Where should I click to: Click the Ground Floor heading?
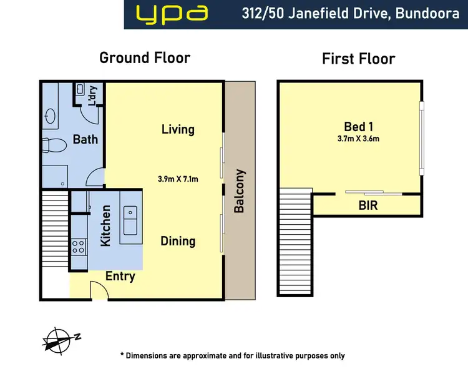click(145, 58)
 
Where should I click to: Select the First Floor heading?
click(358, 59)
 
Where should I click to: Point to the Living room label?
click(178, 129)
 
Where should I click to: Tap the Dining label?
click(178, 240)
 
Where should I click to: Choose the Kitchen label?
click(105, 226)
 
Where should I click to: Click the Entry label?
click(120, 276)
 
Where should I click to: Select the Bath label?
click(85, 139)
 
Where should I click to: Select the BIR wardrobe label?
click(368, 205)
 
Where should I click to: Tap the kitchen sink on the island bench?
click(132, 220)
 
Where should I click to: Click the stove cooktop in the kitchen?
click(79, 247)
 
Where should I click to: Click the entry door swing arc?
click(97, 289)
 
